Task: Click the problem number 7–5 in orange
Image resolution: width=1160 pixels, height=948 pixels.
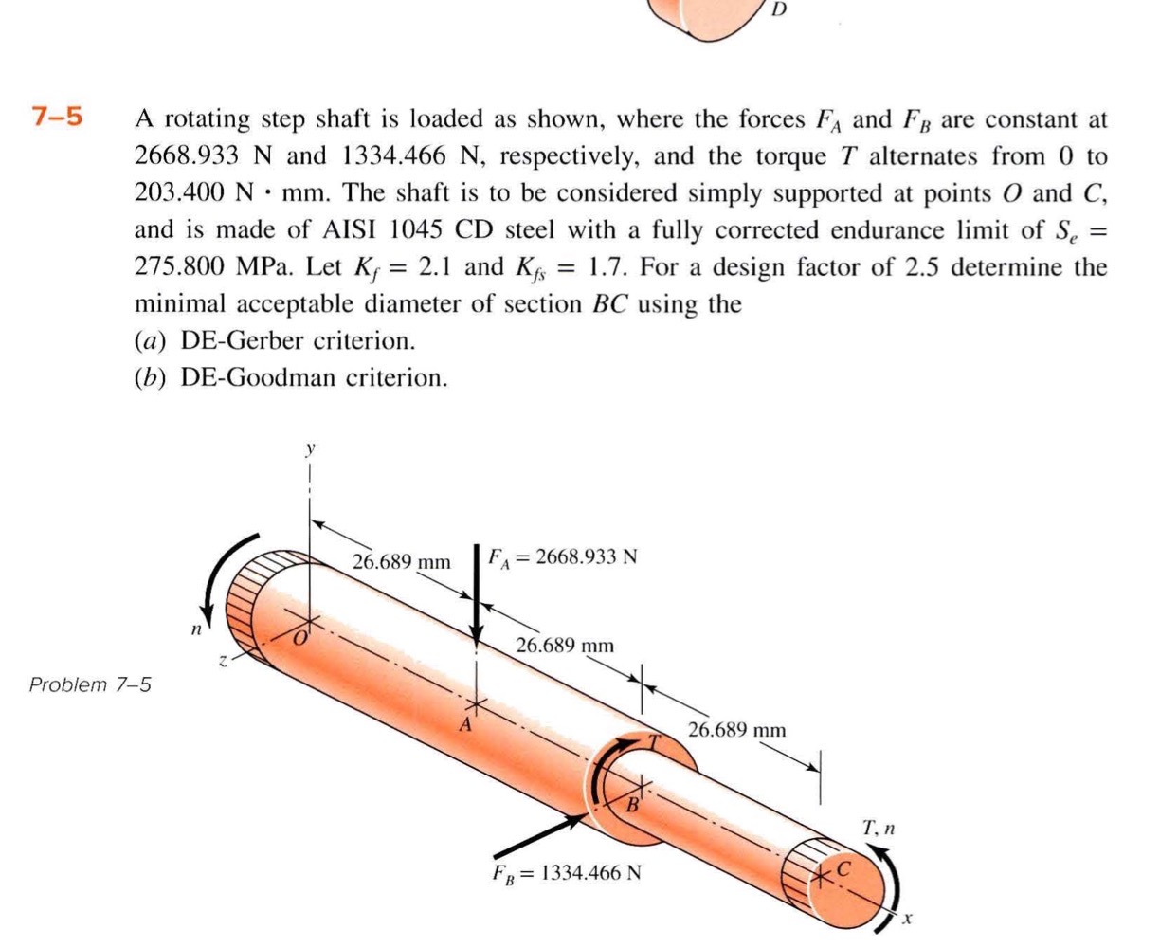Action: pyautogui.click(x=57, y=118)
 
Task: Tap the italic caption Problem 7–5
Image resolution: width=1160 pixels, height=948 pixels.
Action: pyautogui.click(x=90, y=684)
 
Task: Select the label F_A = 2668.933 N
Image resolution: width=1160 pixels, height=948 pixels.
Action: pyautogui.click(x=562, y=556)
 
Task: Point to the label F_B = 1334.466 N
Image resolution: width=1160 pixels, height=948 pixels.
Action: pyautogui.click(x=566, y=871)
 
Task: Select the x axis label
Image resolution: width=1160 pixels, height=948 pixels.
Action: pyautogui.click(x=907, y=918)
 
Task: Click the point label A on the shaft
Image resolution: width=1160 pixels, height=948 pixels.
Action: pyautogui.click(x=465, y=726)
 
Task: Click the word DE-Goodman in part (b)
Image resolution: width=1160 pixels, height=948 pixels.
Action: pyautogui.click(x=243, y=377)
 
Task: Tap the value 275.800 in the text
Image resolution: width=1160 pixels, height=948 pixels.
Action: pyautogui.click(x=178, y=266)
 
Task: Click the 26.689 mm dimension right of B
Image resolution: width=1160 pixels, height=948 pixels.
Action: pyautogui.click(x=736, y=730)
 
